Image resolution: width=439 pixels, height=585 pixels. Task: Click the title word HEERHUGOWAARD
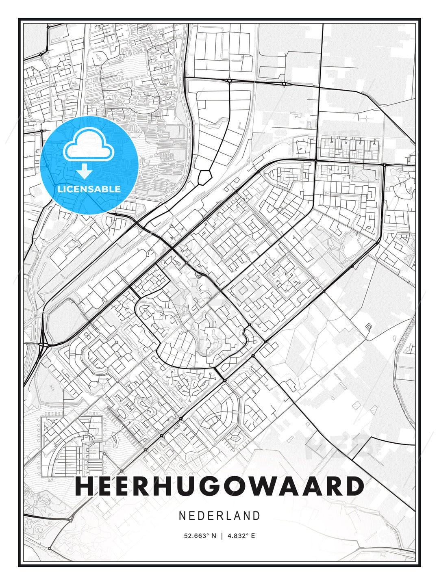(219, 486)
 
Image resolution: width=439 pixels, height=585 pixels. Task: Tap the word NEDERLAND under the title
(219, 516)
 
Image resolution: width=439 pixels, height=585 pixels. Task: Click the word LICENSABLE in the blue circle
(89, 189)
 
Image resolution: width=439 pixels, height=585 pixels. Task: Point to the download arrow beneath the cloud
(85, 171)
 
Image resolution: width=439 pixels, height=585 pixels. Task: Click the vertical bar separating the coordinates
(222, 536)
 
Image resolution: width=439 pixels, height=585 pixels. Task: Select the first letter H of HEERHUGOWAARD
(85, 486)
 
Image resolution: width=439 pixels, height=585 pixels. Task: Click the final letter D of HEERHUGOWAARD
(354, 486)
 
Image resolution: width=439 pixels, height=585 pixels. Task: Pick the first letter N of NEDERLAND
(182, 516)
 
